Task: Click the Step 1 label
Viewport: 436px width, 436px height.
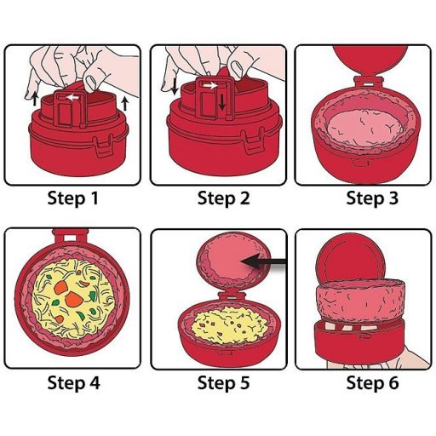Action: (73, 198)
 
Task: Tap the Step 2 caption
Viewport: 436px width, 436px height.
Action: (224, 198)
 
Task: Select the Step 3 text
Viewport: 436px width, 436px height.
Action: (372, 198)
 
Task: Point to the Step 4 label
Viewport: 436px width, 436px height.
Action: (74, 383)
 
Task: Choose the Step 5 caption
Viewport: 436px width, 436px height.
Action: (224, 383)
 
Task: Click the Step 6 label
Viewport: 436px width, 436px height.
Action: (372, 383)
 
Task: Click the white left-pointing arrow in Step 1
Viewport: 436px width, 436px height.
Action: (72, 98)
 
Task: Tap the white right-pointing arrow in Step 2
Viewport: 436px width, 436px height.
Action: (211, 85)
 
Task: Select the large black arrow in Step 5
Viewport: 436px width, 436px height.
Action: (263, 261)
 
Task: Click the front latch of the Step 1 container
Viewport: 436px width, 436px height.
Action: (102, 146)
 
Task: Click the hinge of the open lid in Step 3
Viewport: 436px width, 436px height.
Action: (369, 83)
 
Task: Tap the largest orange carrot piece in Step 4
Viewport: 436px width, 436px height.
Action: (74, 299)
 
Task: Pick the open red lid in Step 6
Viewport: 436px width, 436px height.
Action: (351, 260)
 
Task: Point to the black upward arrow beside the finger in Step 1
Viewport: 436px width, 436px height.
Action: (35, 99)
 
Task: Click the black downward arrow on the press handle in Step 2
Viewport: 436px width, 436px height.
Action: (222, 102)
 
